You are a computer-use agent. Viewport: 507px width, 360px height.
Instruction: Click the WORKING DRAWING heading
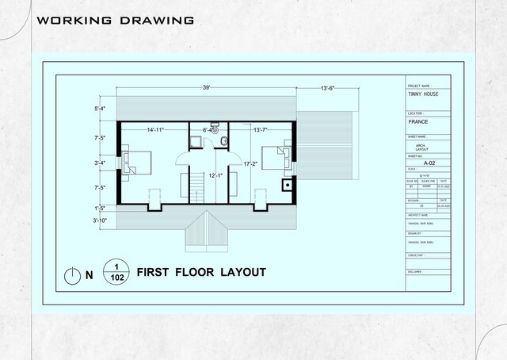click(x=116, y=20)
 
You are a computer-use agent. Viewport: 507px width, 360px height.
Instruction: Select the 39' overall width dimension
click(x=207, y=87)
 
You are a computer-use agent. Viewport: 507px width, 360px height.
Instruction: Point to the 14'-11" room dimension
click(x=155, y=129)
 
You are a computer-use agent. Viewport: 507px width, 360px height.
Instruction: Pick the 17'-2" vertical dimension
click(x=251, y=163)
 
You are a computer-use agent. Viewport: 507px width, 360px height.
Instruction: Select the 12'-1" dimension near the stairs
click(x=215, y=175)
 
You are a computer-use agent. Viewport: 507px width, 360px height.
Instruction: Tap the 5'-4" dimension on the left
click(x=100, y=108)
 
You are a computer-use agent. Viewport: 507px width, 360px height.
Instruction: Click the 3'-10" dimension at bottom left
click(x=100, y=220)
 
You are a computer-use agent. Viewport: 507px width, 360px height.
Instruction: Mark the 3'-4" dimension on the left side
click(x=100, y=163)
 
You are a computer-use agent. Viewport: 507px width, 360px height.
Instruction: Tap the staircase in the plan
click(x=196, y=188)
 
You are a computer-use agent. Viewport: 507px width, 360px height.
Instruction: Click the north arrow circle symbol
click(x=71, y=275)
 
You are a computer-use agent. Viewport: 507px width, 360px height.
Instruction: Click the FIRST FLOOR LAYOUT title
click(x=201, y=272)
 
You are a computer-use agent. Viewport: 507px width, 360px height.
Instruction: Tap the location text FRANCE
click(x=417, y=123)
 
